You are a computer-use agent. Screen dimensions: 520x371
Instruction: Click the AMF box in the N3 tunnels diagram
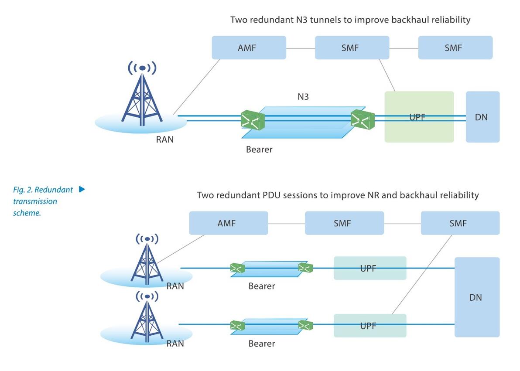coord(249,48)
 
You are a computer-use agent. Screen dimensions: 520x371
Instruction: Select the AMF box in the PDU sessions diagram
coord(229,223)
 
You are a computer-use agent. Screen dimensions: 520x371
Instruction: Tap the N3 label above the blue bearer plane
coord(303,96)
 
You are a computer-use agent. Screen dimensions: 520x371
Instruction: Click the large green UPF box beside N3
coord(419,117)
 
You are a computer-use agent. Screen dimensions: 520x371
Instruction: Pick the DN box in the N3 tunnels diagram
coord(482,117)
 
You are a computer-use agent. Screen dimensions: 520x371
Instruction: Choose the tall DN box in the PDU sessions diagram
coord(477,297)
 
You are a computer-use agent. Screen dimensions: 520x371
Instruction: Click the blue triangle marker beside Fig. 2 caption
coord(82,189)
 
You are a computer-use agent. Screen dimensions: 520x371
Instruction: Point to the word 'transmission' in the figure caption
coord(35,201)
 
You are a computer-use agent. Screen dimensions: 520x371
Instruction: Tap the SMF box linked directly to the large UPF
coord(352,48)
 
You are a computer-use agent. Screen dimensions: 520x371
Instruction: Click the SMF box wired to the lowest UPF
coord(460,223)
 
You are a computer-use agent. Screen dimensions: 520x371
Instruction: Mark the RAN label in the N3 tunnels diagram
coord(165,140)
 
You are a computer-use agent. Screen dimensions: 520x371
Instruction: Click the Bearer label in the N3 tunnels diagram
coord(259,150)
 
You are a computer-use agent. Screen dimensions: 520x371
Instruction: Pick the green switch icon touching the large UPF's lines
coord(363,120)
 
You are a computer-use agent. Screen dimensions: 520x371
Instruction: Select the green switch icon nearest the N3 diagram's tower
coord(253,120)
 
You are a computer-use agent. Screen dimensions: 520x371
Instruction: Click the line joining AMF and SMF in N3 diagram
coord(301,49)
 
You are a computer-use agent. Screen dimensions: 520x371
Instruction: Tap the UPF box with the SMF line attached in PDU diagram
coord(370,326)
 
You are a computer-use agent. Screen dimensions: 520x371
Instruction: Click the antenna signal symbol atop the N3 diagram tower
coord(142,68)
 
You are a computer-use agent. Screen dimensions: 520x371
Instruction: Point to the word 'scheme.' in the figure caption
coord(27,213)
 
